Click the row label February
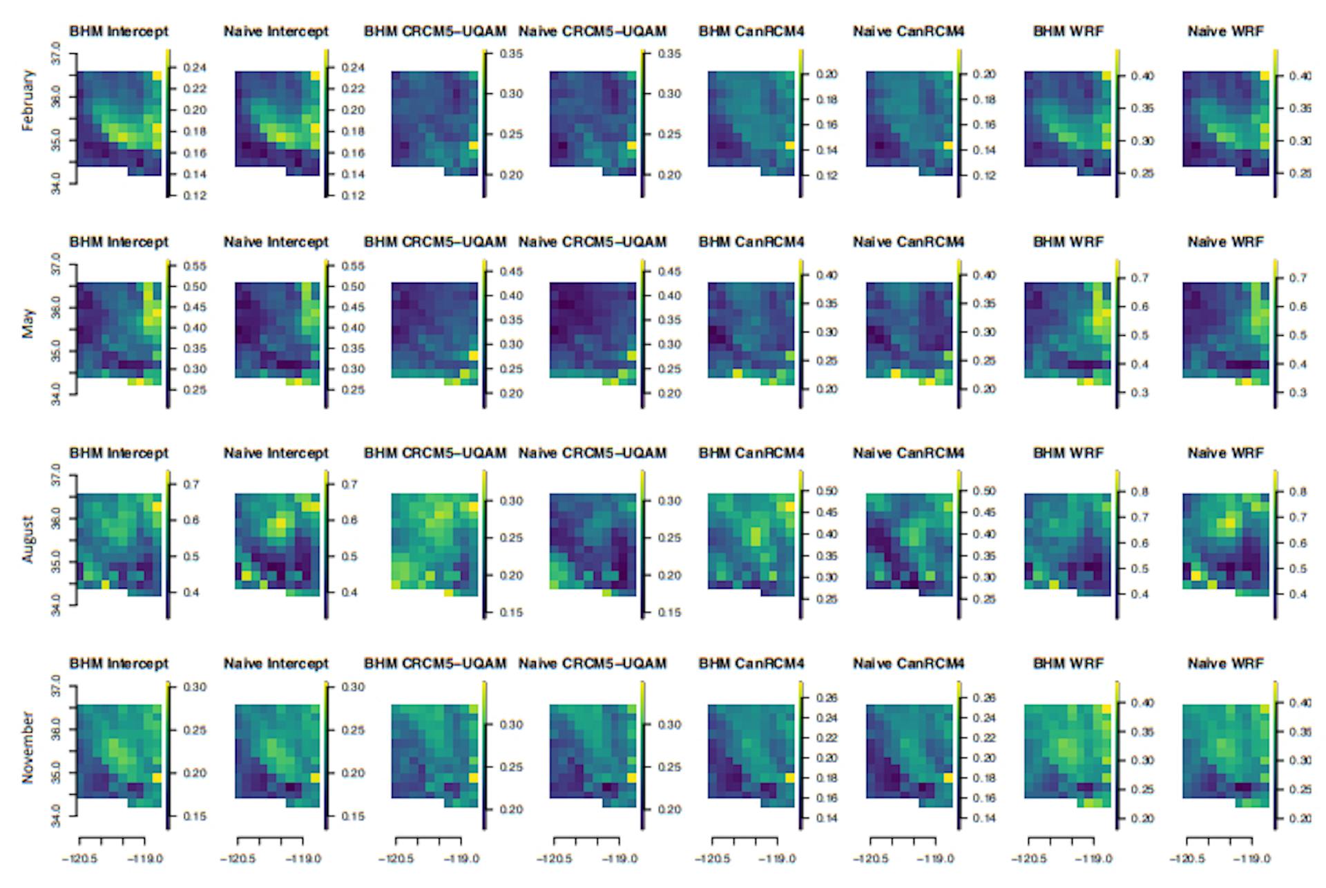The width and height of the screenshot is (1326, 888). [x=28, y=100]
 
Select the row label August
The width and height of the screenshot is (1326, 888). [x=28, y=540]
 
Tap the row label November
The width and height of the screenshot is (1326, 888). [x=28, y=747]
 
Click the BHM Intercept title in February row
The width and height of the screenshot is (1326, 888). [x=119, y=32]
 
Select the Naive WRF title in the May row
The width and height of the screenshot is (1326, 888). [x=1225, y=243]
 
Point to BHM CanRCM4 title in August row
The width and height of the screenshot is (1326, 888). [x=751, y=453]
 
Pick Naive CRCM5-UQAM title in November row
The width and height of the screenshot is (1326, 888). [x=593, y=664]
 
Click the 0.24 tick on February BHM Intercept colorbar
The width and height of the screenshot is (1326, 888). [x=195, y=68]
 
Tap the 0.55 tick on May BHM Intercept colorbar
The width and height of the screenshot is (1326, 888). [x=195, y=266]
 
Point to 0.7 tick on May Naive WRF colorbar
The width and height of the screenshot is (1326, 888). [x=1298, y=278]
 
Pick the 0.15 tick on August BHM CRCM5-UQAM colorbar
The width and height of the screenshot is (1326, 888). [x=511, y=612]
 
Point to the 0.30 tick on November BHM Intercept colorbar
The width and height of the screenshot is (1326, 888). [x=195, y=687]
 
